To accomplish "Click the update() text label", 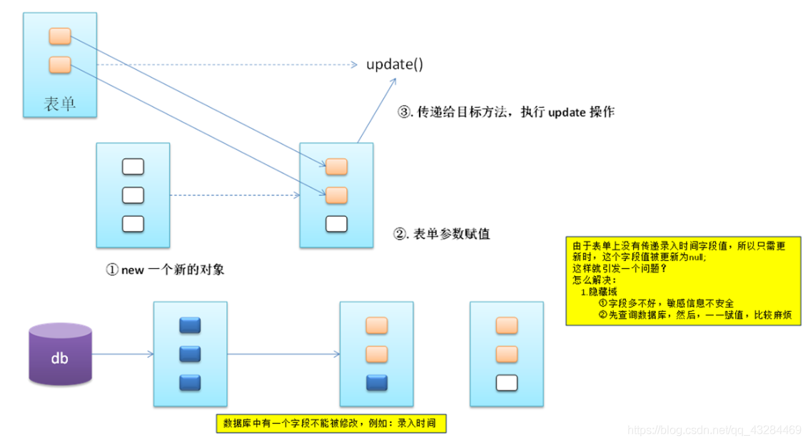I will tap(395, 64).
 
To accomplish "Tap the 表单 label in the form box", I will tap(59, 104).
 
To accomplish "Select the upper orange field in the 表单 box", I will tap(59, 36).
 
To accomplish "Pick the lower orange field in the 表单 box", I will tap(59, 65).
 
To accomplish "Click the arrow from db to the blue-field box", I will tap(123, 353).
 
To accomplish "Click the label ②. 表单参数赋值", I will tap(442, 233).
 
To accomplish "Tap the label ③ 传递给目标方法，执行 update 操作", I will tap(505, 113).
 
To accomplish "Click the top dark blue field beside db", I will tap(190, 326).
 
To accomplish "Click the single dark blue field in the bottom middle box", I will tap(376, 382).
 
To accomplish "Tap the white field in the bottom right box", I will tap(506, 383).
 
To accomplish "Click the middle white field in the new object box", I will tap(133, 195).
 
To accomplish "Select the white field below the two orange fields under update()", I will tap(336, 223).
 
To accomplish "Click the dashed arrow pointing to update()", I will tap(228, 65).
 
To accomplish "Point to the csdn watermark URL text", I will tap(713, 430).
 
